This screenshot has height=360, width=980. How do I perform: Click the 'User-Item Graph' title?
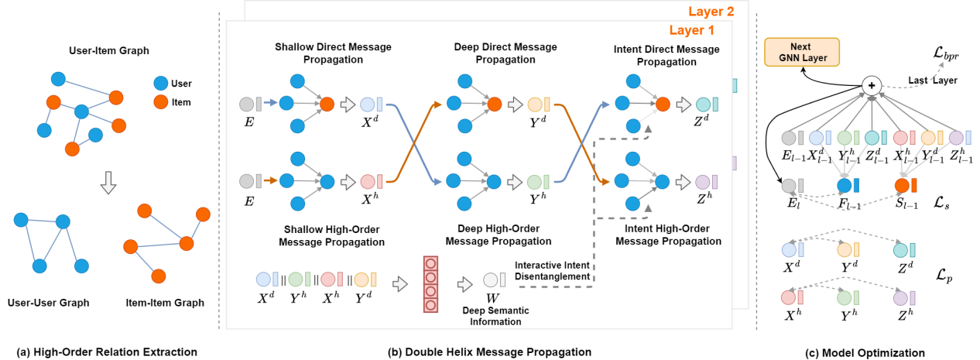98,51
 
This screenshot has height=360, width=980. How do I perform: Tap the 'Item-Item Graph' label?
164,303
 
